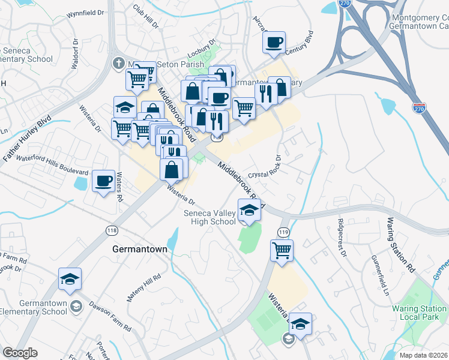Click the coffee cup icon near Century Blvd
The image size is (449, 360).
(x=274, y=43)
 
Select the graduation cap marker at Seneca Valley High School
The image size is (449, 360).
(x=250, y=211)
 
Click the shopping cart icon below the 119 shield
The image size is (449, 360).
(x=282, y=250)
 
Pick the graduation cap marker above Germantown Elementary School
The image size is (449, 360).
(x=70, y=279)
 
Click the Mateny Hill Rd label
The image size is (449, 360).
(x=143, y=287)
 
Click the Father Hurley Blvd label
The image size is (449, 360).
(x=28, y=140)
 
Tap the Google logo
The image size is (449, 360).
(x=20, y=352)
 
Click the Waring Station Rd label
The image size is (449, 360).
(x=402, y=245)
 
